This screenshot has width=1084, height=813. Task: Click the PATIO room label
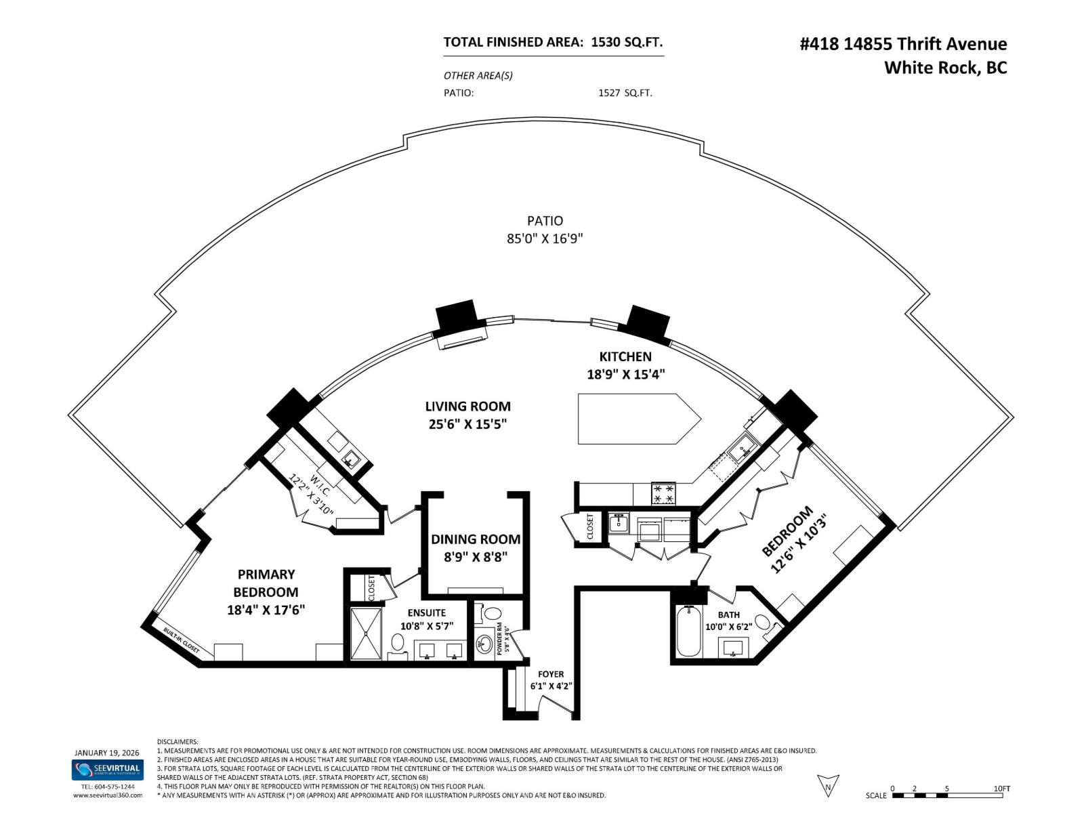[545, 221]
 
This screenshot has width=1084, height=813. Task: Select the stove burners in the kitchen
[663, 493]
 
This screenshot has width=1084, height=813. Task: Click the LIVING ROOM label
[467, 406]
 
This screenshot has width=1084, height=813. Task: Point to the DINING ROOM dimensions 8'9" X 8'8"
[476, 557]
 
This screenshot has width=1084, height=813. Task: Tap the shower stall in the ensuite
[367, 633]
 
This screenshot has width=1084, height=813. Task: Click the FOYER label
[551, 674]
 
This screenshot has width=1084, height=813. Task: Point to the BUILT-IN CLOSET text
[181, 640]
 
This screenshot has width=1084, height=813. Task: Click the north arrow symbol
[828, 785]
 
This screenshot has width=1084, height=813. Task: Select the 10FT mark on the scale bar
[1001, 789]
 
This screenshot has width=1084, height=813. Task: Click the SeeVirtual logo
[108, 769]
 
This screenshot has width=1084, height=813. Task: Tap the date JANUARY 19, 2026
[108, 753]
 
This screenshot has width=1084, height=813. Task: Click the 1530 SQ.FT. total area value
[627, 42]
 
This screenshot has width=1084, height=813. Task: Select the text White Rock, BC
[945, 68]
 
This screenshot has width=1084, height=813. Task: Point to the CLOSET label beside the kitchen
[589, 526]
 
